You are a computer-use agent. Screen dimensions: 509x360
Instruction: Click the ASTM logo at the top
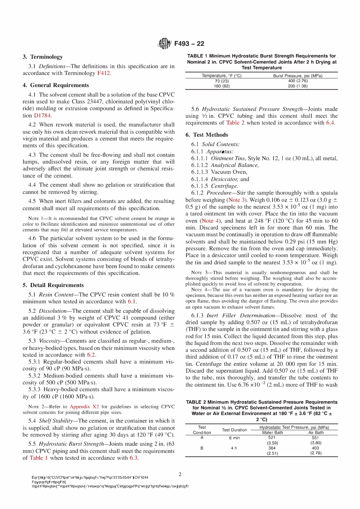point(164,44)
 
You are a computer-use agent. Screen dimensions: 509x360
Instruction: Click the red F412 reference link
point(103,73)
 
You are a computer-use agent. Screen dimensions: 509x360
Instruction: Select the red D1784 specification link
point(42,116)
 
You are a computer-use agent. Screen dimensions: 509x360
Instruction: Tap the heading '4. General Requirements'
point(56,85)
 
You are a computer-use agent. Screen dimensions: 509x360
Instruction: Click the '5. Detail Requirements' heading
point(53,285)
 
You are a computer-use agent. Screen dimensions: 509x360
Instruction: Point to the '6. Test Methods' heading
point(207,135)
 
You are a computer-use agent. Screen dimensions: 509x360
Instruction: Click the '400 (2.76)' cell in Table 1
point(297,81)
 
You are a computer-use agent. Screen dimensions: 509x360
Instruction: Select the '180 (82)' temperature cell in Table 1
point(221,86)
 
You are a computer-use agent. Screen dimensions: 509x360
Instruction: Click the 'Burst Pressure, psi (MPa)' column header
point(297,76)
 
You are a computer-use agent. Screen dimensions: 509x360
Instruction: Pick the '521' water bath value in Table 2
point(272,438)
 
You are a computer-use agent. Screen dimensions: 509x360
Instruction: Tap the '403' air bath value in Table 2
point(315,448)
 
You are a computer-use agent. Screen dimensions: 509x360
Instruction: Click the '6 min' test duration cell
point(234,438)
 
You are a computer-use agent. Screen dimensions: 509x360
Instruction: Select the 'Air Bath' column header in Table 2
point(316,432)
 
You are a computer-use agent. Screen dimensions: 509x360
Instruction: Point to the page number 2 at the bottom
point(180,474)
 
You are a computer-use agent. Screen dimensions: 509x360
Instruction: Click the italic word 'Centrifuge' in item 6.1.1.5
point(224,186)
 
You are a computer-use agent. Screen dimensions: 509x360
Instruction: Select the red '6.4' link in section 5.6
point(330,123)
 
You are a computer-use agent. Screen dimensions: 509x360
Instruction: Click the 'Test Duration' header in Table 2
point(234,430)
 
